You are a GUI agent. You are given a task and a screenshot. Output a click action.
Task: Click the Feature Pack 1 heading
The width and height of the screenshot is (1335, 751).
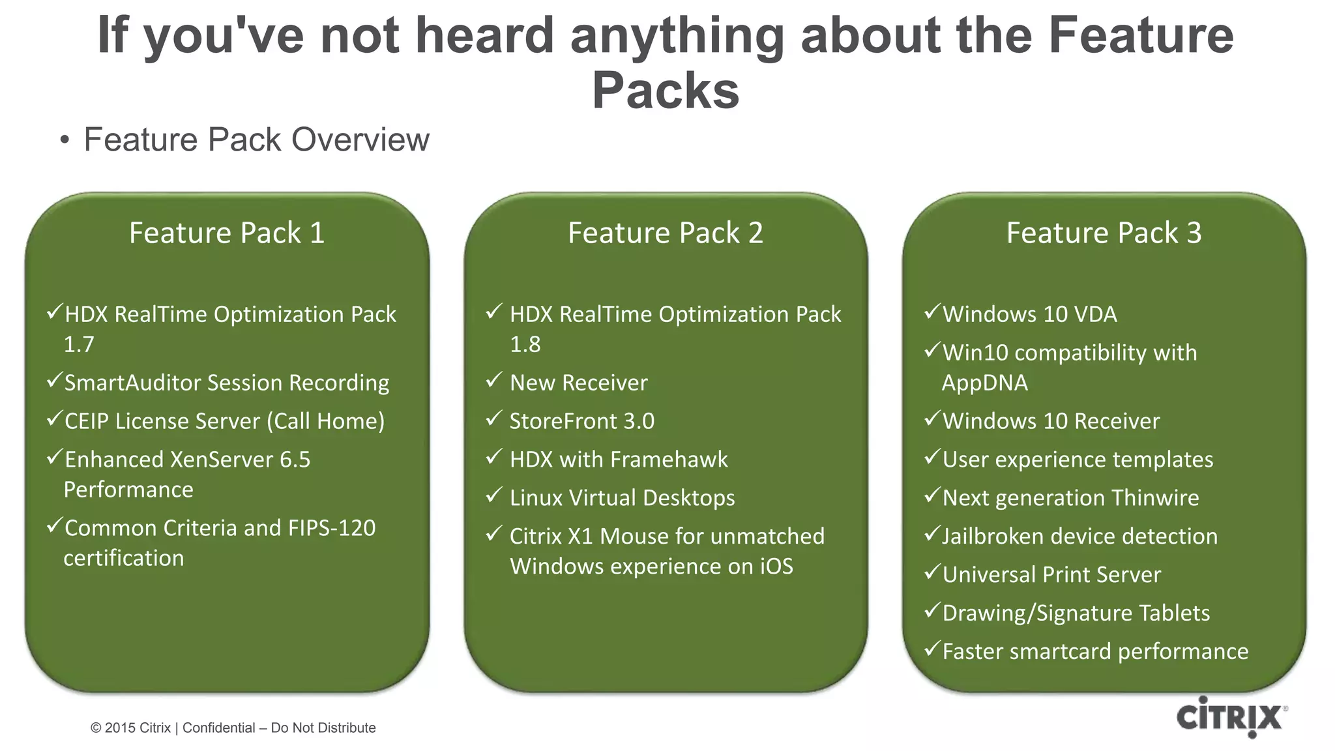coord(226,233)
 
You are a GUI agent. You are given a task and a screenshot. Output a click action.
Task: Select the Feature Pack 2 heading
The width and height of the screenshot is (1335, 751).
coord(665,233)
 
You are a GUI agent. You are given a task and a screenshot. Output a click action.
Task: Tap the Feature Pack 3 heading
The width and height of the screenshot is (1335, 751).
coord(1104,233)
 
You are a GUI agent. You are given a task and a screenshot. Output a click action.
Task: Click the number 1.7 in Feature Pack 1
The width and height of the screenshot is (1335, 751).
coord(79,345)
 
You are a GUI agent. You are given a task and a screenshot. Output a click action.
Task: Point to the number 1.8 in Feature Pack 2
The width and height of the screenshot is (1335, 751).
coord(525,345)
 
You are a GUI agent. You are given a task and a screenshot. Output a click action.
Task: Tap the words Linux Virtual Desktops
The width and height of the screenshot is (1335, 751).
coord(622,498)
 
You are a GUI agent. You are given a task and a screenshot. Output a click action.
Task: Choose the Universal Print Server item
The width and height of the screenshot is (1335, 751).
coord(1051,575)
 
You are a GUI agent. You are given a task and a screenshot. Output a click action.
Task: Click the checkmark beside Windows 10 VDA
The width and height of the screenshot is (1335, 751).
coord(932,311)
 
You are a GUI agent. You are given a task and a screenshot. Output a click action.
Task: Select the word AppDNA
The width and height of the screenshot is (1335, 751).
coord(984,383)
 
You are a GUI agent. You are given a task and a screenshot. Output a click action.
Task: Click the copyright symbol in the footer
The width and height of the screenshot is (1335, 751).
coord(96,728)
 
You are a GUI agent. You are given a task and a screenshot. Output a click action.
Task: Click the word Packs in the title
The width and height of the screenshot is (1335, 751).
coord(665,90)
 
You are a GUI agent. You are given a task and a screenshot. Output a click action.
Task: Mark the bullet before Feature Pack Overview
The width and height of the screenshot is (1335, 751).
coord(64,141)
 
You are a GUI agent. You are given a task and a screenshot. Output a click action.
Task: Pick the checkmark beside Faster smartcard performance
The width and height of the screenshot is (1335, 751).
coord(932,648)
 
